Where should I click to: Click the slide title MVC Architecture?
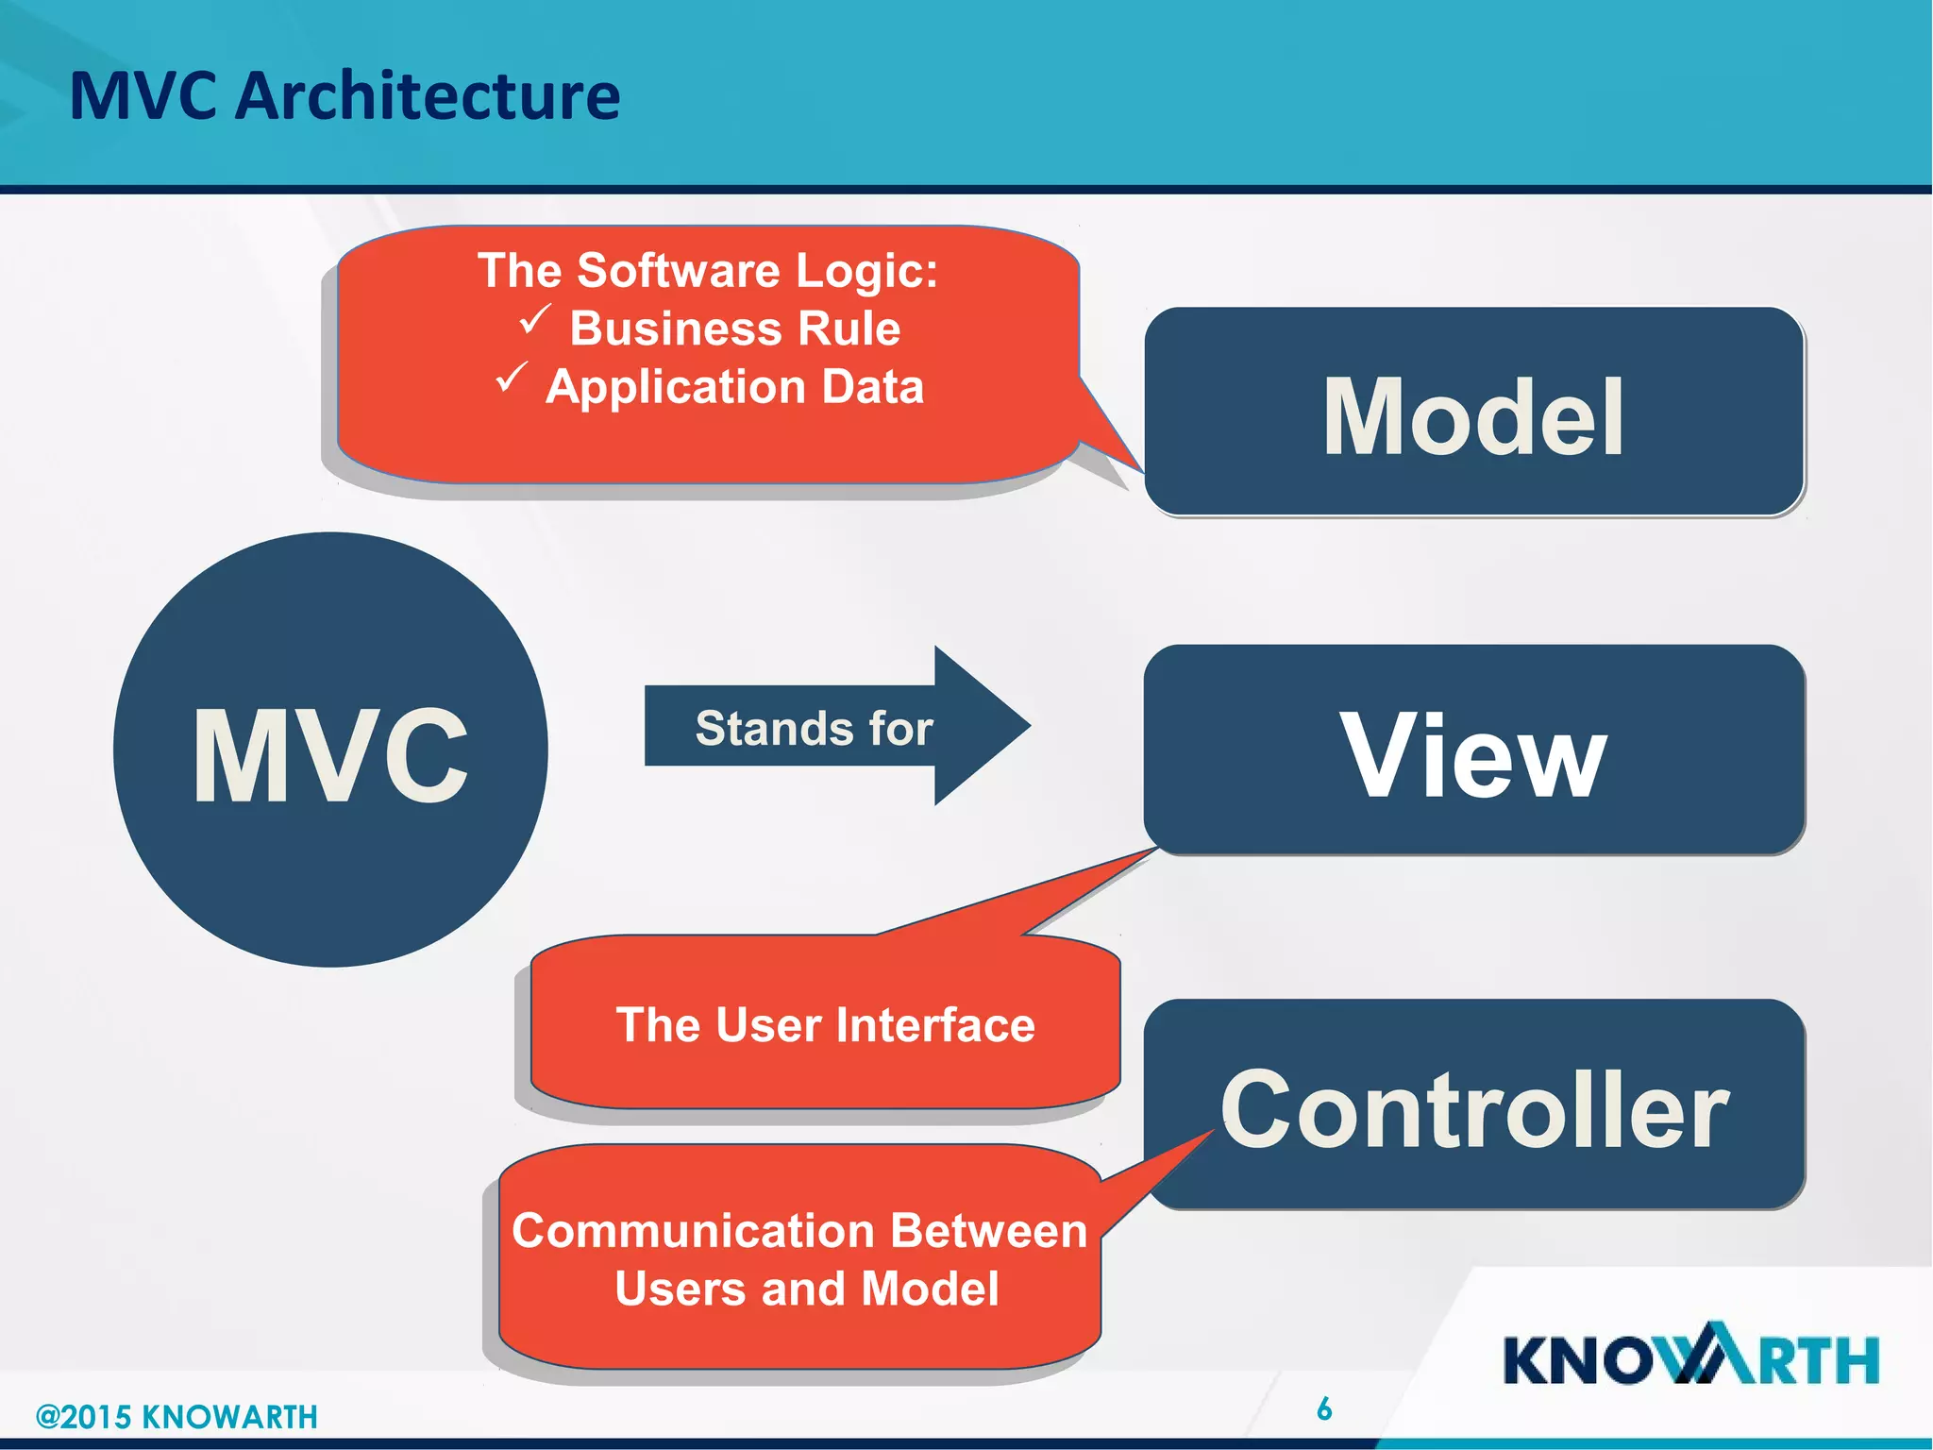345,96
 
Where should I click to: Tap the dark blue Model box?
1473,413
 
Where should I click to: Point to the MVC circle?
330,750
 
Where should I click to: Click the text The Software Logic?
708,271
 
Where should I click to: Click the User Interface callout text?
825,1025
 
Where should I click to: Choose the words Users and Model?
806,1289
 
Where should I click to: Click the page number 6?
1324,1408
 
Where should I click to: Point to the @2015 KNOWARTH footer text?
176,1416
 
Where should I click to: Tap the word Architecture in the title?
427,96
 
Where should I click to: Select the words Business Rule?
734,329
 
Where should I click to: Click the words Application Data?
734,387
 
